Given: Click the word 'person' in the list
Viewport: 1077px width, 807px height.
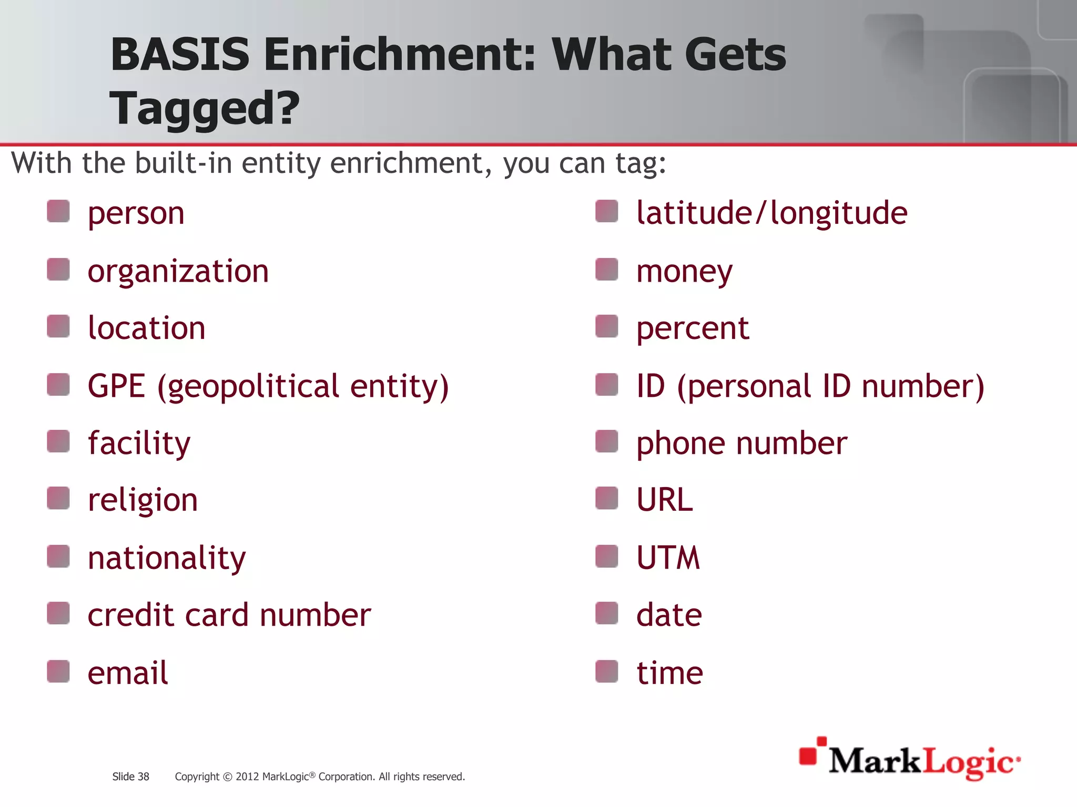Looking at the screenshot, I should coord(136,214).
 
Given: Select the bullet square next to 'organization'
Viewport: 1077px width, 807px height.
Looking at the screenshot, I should coord(58,270).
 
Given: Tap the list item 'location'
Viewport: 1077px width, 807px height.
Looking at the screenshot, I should coord(146,328).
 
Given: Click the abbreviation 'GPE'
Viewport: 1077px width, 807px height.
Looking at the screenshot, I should coord(116,386).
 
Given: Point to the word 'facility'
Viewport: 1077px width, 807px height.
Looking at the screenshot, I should coord(139,443).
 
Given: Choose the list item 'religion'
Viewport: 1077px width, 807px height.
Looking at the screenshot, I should coord(143,500).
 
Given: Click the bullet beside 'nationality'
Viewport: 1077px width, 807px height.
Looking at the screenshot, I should coord(58,556).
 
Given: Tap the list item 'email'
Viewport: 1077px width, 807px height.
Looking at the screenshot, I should coord(128,673).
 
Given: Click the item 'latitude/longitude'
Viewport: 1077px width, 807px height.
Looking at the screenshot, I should coord(771,213).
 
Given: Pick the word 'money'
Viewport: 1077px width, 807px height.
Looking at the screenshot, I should coord(684,272).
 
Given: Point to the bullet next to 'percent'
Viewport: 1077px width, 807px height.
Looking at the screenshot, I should coord(607,326).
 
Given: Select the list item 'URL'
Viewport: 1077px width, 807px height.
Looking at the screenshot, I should coord(665,500).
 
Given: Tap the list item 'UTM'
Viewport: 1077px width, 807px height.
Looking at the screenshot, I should coord(668,557).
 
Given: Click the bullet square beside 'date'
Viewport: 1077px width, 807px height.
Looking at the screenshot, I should coord(607,613).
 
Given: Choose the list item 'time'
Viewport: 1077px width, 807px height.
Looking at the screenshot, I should coord(669,673).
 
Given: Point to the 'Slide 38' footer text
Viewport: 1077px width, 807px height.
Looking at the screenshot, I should coord(130,777).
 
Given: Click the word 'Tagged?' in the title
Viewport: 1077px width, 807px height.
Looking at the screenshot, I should coord(205,108).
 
